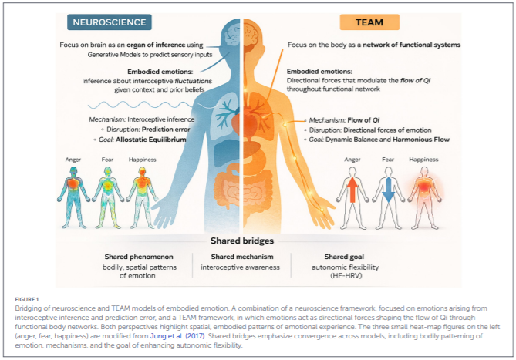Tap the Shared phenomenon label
tap(141, 256)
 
